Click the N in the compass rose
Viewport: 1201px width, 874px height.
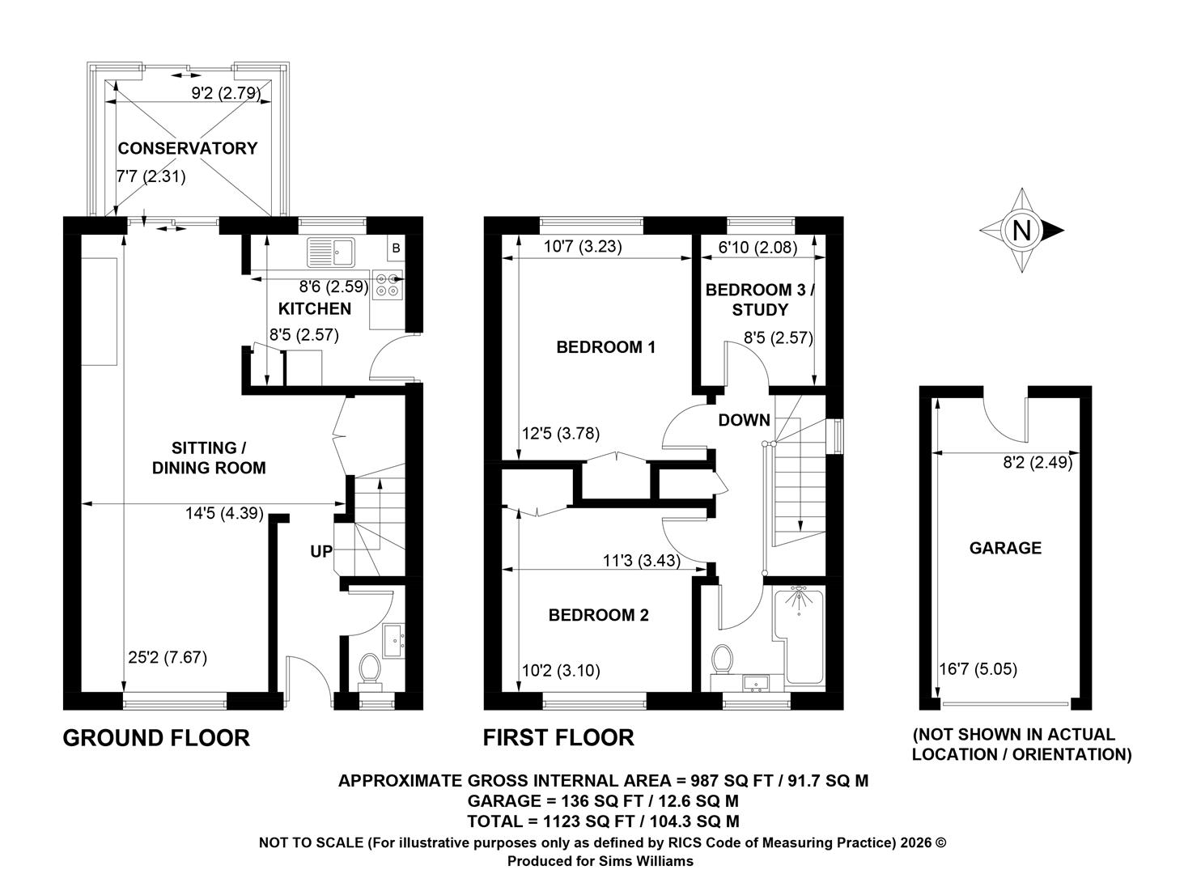point(1021,231)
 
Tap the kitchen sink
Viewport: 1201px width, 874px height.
point(331,252)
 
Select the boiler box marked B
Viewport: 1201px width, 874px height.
point(396,248)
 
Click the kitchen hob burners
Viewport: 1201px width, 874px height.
point(388,285)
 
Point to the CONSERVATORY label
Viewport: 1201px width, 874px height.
point(188,148)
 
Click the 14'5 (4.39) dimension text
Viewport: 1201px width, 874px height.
point(224,514)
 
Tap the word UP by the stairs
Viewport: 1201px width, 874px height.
point(321,550)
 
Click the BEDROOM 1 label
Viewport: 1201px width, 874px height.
point(606,347)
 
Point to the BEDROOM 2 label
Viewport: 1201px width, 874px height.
point(598,614)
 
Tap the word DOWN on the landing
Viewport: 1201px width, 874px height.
point(744,420)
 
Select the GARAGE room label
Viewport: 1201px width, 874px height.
point(1005,547)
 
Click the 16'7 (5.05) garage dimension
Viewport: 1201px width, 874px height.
point(978,669)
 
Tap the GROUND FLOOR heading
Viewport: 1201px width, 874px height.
point(156,738)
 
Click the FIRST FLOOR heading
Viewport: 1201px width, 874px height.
point(558,737)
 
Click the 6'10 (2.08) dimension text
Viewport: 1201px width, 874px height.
point(758,247)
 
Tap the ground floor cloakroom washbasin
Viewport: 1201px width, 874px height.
point(394,640)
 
